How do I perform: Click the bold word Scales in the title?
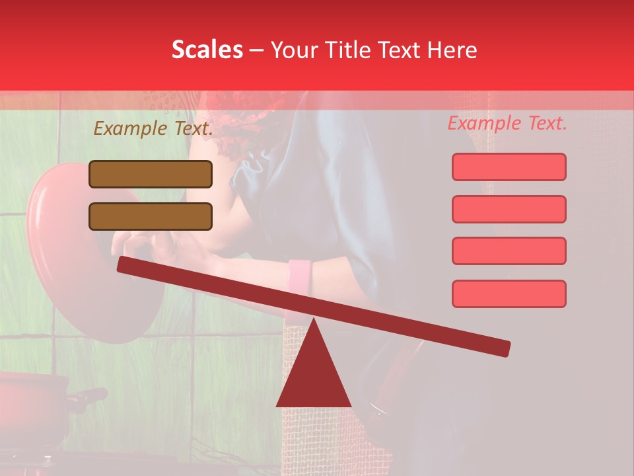click(207, 50)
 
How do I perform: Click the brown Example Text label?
click(153, 128)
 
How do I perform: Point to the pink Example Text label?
click(507, 123)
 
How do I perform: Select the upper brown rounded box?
click(151, 174)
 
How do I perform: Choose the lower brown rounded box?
click(151, 216)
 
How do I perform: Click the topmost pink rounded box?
click(509, 167)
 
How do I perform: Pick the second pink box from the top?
click(509, 209)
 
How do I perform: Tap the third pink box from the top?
click(509, 251)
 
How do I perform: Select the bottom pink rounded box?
click(509, 294)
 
